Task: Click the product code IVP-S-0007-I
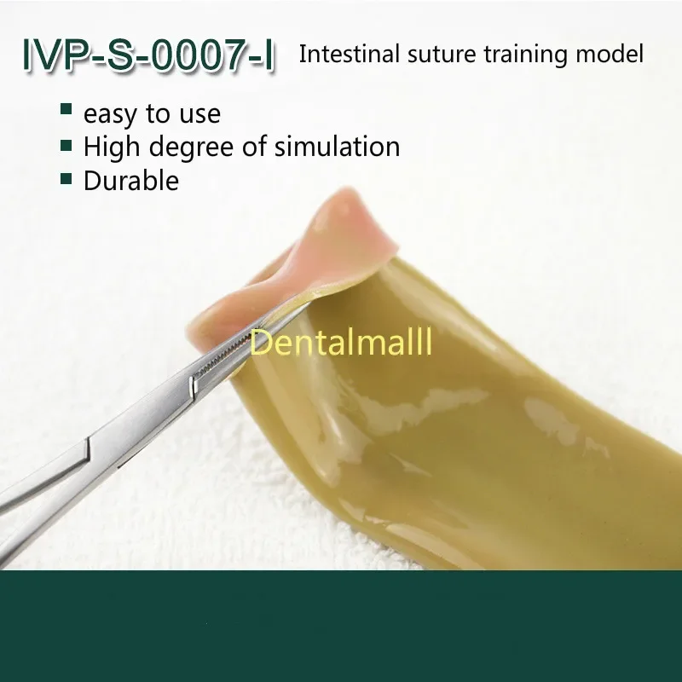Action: (x=148, y=55)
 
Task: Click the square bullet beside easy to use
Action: (x=66, y=109)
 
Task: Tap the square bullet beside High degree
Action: (x=66, y=145)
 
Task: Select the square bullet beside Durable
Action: (x=66, y=179)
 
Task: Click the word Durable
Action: (x=131, y=180)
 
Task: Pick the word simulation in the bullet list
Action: (x=337, y=146)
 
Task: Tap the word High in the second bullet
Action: (x=113, y=147)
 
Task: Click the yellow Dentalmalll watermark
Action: (x=341, y=342)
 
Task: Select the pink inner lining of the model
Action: (x=300, y=257)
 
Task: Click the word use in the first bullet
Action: (x=200, y=116)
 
